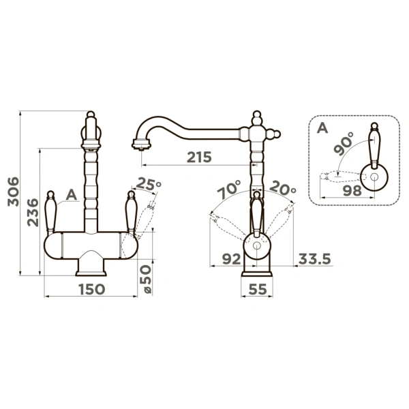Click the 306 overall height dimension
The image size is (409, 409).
click(14, 192)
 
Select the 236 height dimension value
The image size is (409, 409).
click(33, 212)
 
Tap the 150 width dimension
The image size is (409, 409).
click(91, 289)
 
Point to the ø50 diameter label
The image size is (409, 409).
click(146, 279)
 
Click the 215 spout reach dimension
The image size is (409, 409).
click(199, 157)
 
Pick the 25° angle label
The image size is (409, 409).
click(149, 183)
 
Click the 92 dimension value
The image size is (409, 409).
click(231, 259)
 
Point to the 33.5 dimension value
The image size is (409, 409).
click(314, 259)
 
